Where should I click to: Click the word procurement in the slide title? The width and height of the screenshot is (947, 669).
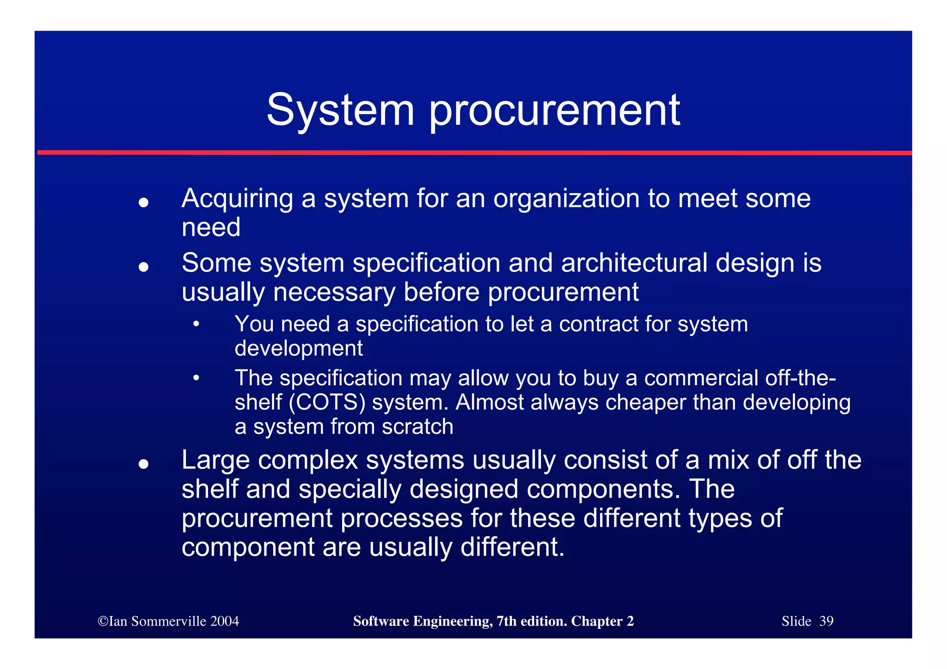coord(554,111)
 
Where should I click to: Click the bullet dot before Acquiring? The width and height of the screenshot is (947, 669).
coord(143,203)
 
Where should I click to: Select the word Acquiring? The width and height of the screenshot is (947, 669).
coord(237,199)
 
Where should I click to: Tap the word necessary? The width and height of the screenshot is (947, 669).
coord(334,292)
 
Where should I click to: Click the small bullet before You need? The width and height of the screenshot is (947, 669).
coord(197,324)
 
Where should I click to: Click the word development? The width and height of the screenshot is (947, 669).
coord(298,349)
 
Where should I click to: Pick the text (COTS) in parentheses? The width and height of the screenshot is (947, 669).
coord(327,402)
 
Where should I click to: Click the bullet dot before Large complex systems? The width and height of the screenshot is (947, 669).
coord(143,464)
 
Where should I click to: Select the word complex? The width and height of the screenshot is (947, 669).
coord(308,460)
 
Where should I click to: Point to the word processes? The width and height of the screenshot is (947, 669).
coord(401,518)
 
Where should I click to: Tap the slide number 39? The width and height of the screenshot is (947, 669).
coord(826,621)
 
